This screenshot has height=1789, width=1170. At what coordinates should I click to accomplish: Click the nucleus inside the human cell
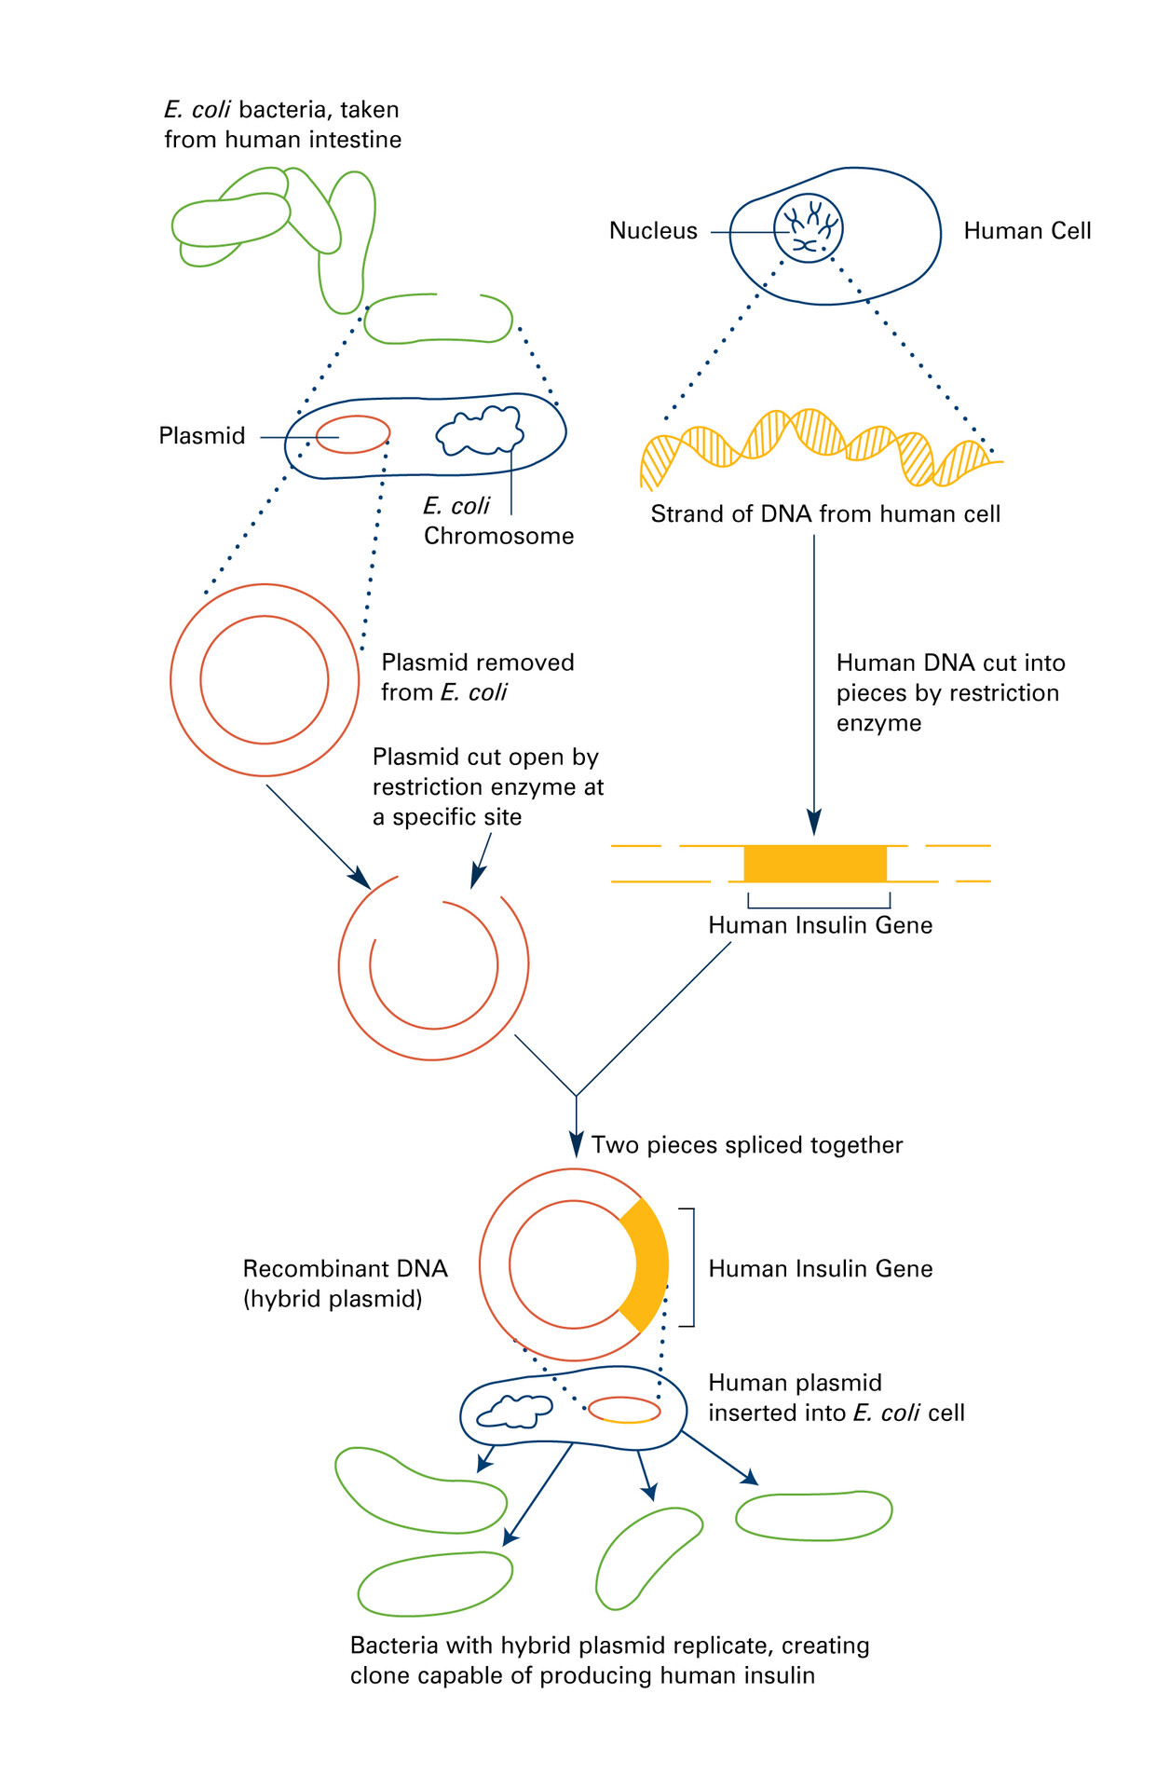tap(808, 228)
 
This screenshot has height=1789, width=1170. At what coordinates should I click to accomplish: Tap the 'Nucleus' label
tap(653, 231)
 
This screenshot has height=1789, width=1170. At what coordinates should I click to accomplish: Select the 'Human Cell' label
tap(1027, 231)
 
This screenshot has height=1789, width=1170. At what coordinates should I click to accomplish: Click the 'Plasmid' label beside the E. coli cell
tap(202, 436)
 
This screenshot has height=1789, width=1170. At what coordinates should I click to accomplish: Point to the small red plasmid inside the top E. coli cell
tap(352, 434)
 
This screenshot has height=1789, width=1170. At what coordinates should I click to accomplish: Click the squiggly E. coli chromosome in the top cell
tap(480, 430)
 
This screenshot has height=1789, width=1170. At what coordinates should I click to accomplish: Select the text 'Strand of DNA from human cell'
tap(825, 514)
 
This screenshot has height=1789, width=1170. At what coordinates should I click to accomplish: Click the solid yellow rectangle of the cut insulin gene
tap(815, 864)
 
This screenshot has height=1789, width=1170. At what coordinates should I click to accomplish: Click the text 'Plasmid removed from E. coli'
tap(477, 677)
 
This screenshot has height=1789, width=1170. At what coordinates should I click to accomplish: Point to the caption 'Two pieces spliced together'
tap(747, 1145)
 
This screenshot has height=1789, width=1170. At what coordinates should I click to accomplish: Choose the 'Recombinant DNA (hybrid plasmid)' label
tap(345, 1283)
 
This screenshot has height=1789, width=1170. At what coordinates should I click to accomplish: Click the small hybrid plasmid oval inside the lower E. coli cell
tap(624, 1410)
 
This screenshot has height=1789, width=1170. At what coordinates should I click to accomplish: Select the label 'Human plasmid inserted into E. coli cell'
tap(836, 1398)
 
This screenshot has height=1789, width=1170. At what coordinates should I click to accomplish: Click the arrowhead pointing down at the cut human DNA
tap(814, 823)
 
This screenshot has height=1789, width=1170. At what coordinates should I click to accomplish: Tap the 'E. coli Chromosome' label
tap(497, 521)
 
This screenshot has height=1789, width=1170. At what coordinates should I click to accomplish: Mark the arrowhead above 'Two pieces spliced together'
tap(577, 1144)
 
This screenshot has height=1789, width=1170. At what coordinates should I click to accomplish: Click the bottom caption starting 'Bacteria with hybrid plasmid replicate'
tap(609, 1660)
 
